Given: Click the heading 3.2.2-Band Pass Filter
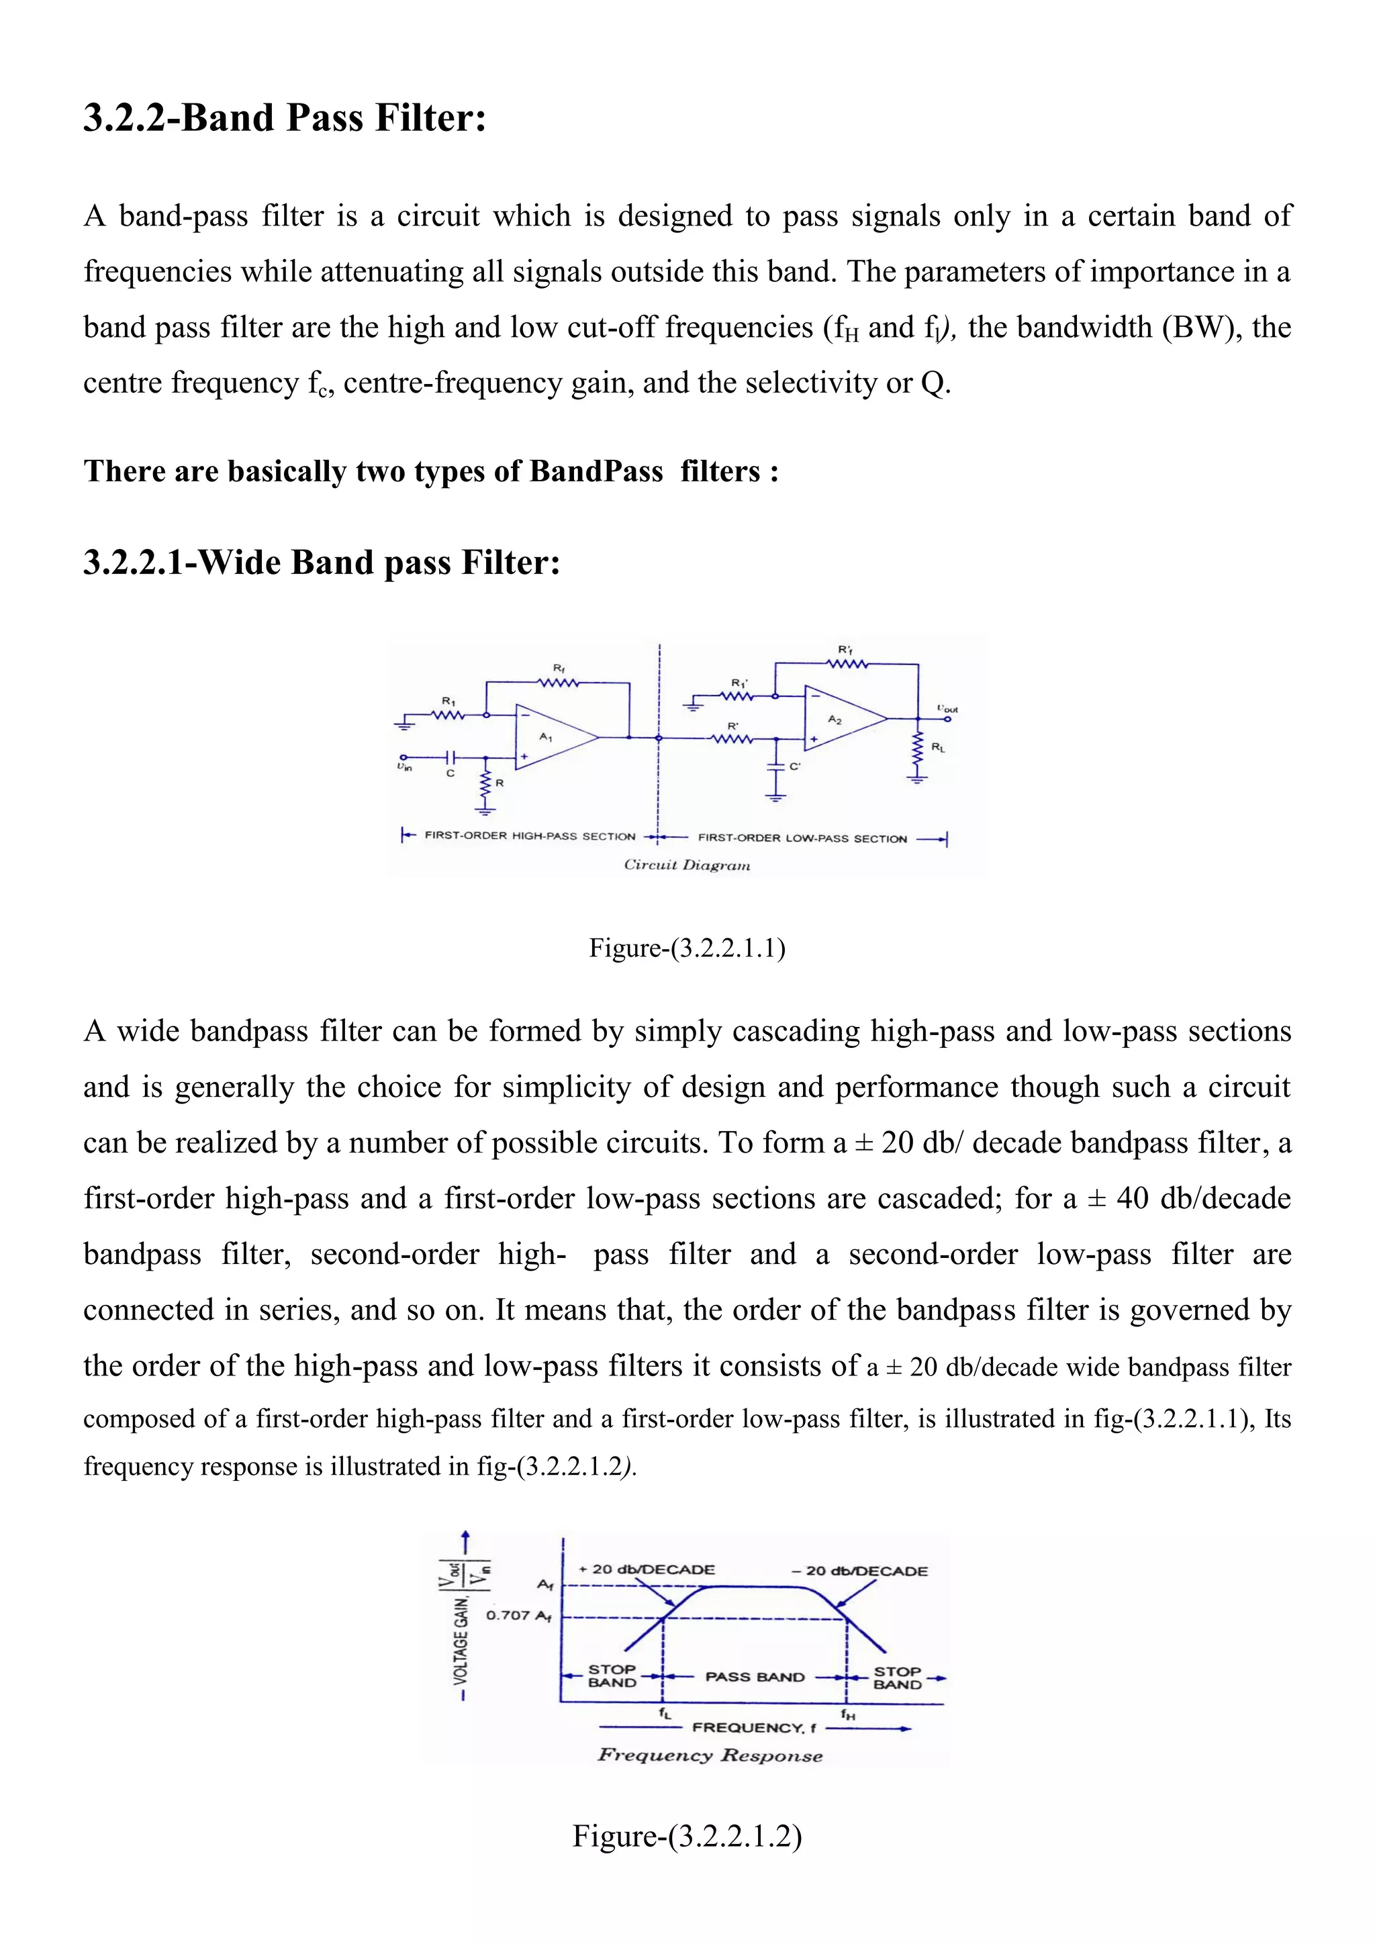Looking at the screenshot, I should click(285, 117).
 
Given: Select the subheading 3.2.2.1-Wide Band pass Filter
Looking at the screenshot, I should click(322, 563).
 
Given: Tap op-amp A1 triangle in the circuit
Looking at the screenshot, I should click(551, 736).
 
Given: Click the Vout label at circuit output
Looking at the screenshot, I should click(947, 709).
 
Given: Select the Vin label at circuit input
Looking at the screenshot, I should click(405, 767).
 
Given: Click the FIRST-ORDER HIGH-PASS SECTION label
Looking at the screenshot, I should click(529, 836).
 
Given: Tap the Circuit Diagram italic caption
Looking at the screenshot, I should click(687, 865).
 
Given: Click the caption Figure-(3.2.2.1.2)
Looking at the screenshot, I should click(687, 1836).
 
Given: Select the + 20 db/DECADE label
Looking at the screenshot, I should click(647, 1569).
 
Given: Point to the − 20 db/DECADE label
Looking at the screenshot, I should click(859, 1571).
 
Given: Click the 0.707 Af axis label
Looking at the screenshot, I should click(518, 1614).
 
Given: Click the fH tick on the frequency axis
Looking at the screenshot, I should click(847, 1714).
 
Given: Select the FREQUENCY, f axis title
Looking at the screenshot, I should click(753, 1727).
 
